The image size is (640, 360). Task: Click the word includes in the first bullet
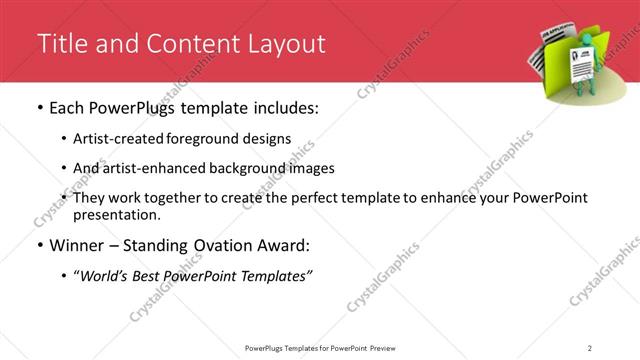(280, 107)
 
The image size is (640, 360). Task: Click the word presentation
(112, 214)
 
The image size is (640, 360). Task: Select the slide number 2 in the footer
(590, 347)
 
